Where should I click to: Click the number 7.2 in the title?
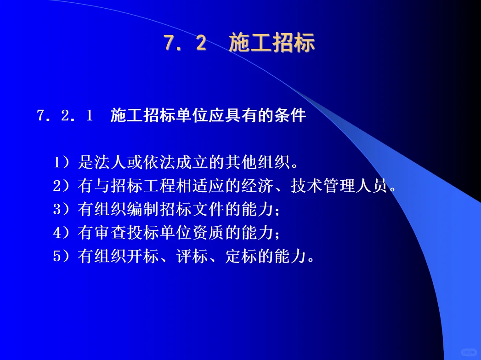[185, 44]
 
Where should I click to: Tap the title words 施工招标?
[272, 44]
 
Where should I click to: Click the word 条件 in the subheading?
[294, 116]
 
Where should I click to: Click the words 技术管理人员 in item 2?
[340, 186]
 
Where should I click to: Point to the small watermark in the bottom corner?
[468, 352]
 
